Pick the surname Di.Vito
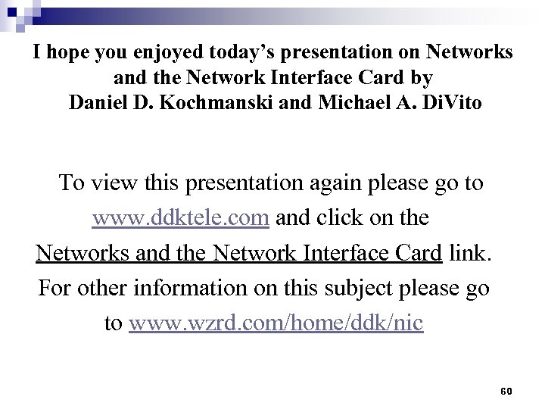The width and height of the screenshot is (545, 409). (450, 102)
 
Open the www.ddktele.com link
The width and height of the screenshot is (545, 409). (181, 218)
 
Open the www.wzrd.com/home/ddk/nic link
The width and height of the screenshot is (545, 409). (276, 323)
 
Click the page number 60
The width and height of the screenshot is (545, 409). (506, 391)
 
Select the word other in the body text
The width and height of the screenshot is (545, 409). (102, 289)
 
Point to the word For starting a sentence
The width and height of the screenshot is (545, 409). (54, 289)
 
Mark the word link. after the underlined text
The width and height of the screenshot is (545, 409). (470, 253)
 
